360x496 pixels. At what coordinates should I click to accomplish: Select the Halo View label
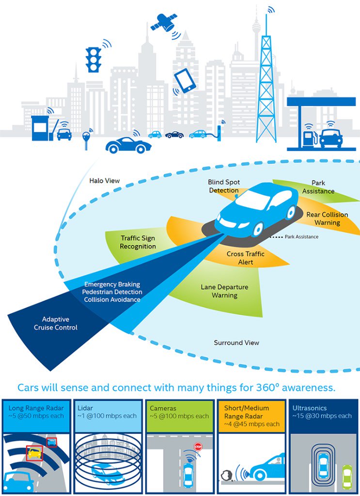pos(104,181)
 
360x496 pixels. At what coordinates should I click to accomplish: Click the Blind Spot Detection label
pos(224,186)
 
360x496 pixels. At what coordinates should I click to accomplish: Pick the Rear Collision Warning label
pos(327,218)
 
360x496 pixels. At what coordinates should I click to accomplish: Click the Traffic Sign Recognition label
pos(138,242)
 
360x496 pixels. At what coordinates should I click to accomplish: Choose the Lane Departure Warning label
pos(224,291)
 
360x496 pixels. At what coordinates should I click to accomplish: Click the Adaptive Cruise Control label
pos(56,324)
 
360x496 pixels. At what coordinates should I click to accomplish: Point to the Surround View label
pos(236,343)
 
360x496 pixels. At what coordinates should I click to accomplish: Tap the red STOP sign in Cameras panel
pos(198,447)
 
